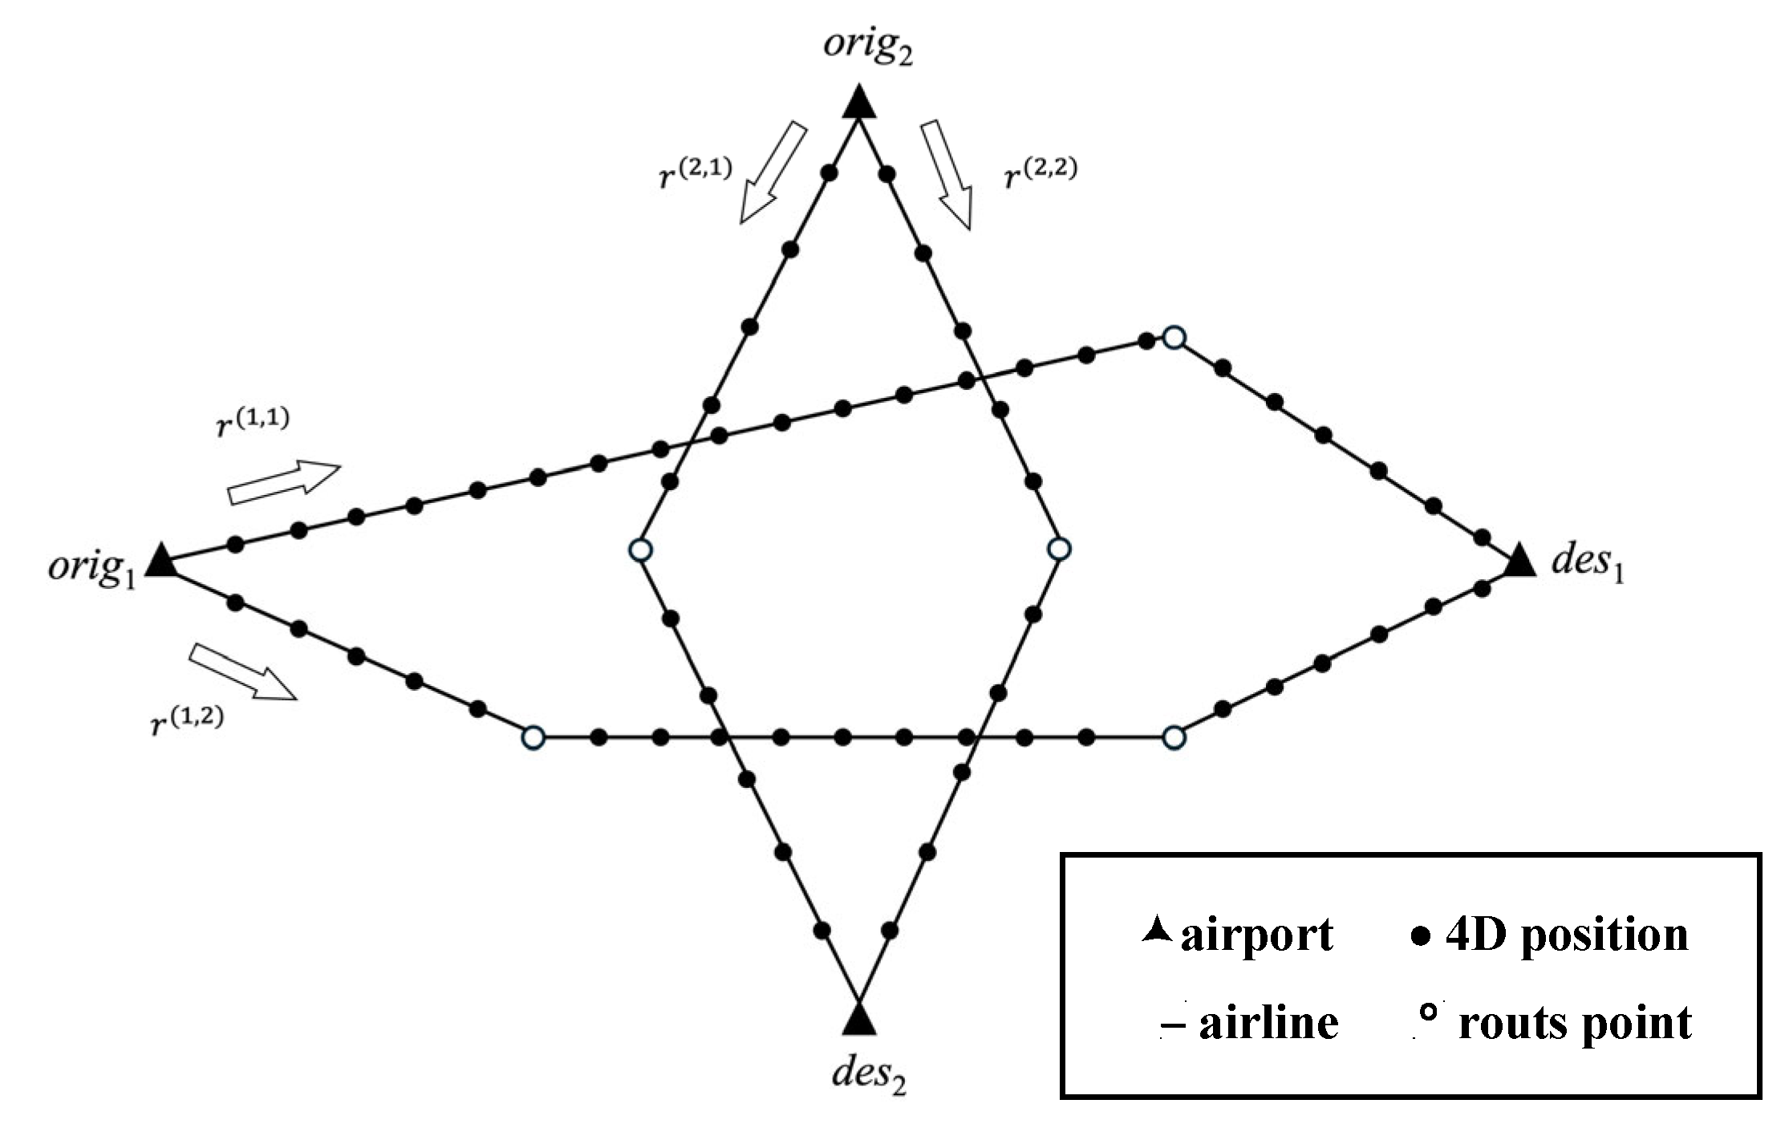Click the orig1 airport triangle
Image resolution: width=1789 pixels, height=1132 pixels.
pos(164,561)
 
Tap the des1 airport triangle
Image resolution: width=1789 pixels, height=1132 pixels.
pos(1519,562)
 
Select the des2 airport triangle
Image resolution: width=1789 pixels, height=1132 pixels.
pos(859,1020)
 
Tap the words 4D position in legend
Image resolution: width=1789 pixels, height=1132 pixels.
pos(1567,935)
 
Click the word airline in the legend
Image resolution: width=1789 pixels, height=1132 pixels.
pos(1268,1024)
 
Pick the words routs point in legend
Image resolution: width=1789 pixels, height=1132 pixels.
pos(1575,1024)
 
